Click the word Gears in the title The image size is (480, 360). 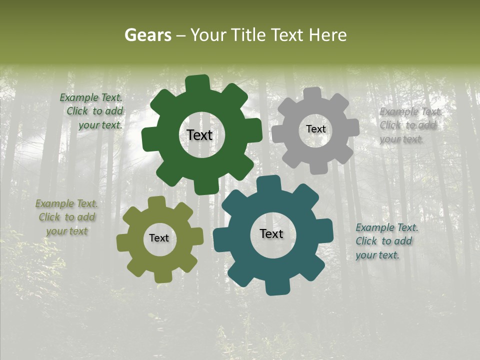pyautogui.click(x=147, y=35)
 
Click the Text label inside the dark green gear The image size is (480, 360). pyautogui.click(x=199, y=135)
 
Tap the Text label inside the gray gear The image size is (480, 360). pyautogui.click(x=315, y=129)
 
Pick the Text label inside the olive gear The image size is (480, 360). pyautogui.click(x=159, y=238)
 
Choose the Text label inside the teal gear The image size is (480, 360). pyautogui.click(x=271, y=234)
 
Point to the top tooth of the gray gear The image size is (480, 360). pyautogui.click(x=311, y=94)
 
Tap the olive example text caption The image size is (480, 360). pyautogui.click(x=66, y=217)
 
